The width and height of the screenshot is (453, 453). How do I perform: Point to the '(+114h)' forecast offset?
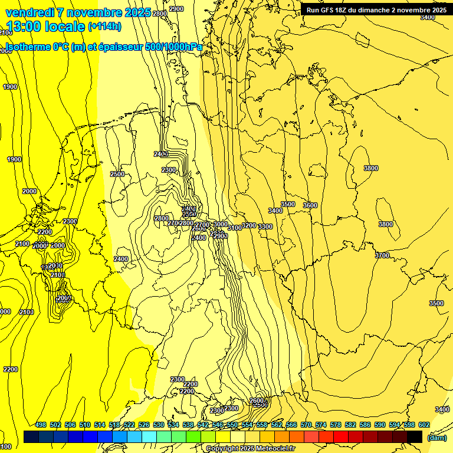(104, 27)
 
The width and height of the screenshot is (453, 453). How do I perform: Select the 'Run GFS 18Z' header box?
(376, 10)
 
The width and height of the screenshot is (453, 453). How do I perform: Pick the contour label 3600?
(310, 205)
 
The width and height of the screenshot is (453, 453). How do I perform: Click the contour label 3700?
(382, 255)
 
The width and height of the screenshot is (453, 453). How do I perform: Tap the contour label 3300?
(265, 227)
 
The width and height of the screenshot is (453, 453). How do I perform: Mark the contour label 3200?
(249, 225)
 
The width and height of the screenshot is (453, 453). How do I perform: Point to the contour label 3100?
(234, 228)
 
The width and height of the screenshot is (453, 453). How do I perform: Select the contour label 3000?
(220, 224)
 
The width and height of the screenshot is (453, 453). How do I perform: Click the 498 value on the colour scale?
(41, 425)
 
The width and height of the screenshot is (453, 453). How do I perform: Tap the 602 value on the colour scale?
(424, 425)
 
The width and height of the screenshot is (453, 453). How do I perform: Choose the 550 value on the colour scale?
(232, 425)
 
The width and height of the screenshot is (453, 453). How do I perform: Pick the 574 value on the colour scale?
(321, 425)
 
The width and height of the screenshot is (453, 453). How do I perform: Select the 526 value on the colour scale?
(144, 425)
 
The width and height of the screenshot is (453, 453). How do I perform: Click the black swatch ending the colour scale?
(415, 436)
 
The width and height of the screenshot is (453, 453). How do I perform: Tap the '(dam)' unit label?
(436, 437)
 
